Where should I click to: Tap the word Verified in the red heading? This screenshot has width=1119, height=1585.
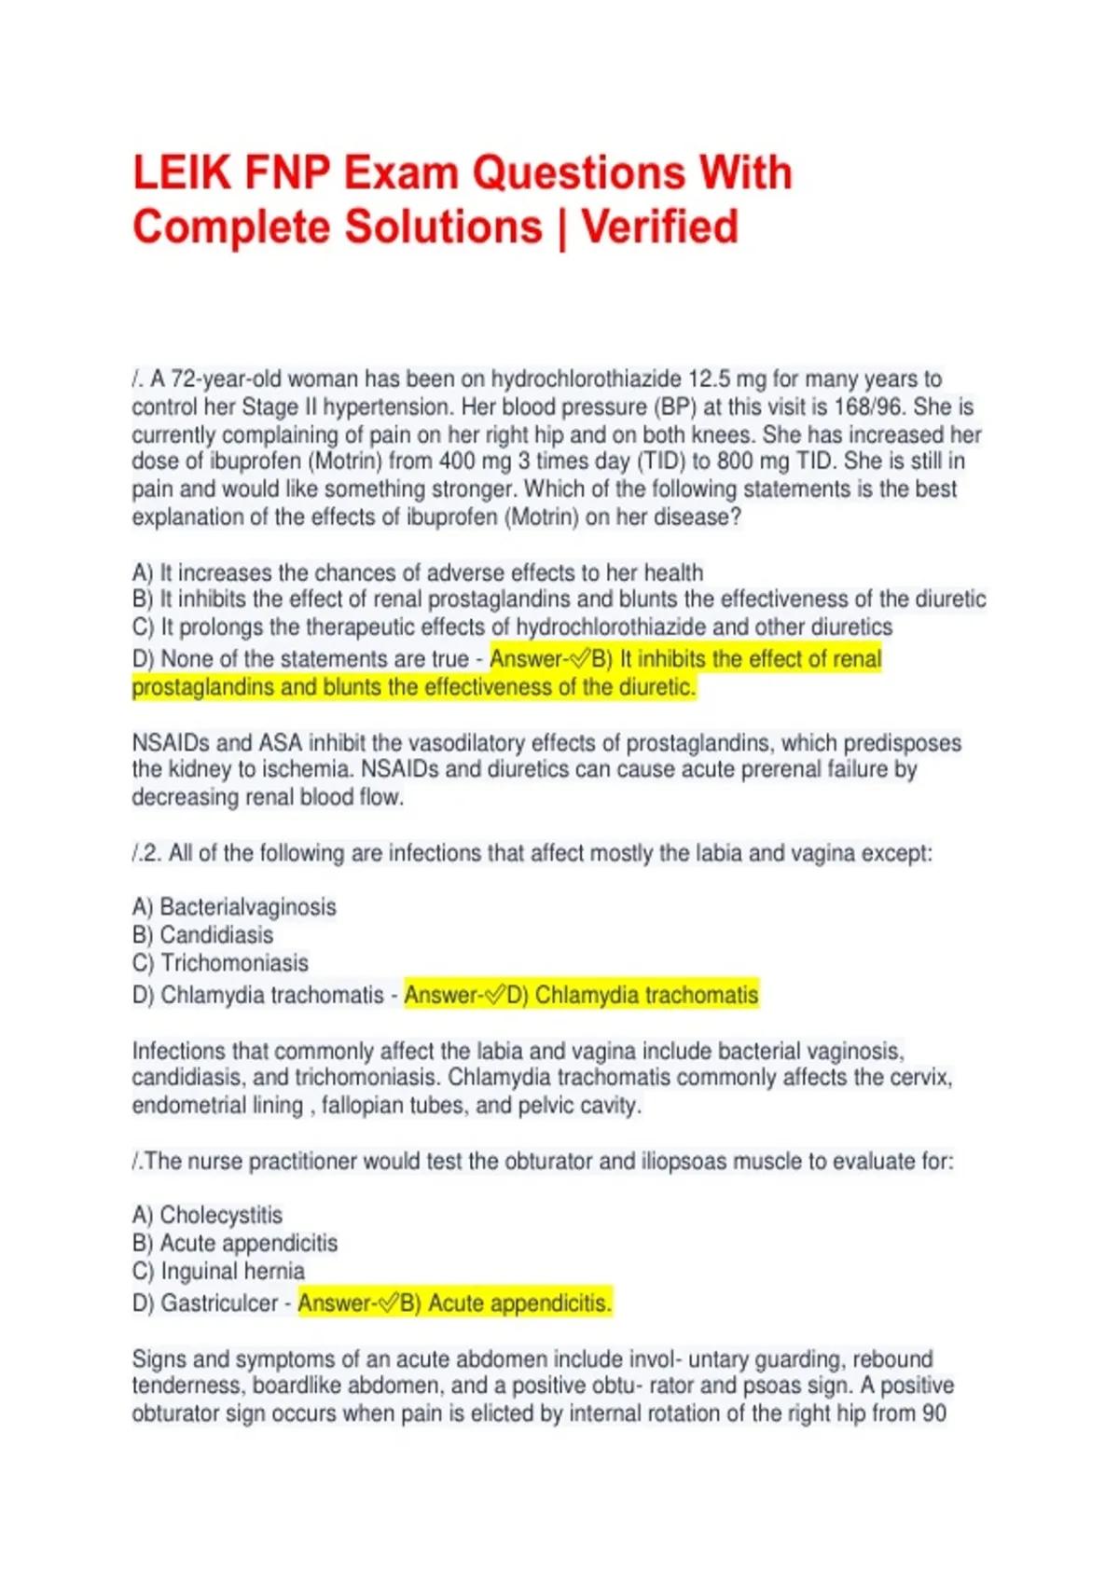659,227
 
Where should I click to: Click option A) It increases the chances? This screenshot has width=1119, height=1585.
418,572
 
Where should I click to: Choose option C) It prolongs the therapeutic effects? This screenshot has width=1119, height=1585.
512,627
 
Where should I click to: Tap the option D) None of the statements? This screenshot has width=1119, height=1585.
300,659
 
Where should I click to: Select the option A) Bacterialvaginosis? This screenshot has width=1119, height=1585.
234,906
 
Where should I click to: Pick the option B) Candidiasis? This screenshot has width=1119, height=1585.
202,934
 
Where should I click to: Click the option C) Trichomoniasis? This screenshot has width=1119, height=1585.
220,962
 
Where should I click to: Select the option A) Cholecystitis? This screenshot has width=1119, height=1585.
207,1215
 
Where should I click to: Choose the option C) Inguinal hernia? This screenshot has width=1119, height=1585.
218,1271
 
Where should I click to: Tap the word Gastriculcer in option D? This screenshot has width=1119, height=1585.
219,1302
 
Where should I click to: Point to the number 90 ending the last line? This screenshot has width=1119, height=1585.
934,1413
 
